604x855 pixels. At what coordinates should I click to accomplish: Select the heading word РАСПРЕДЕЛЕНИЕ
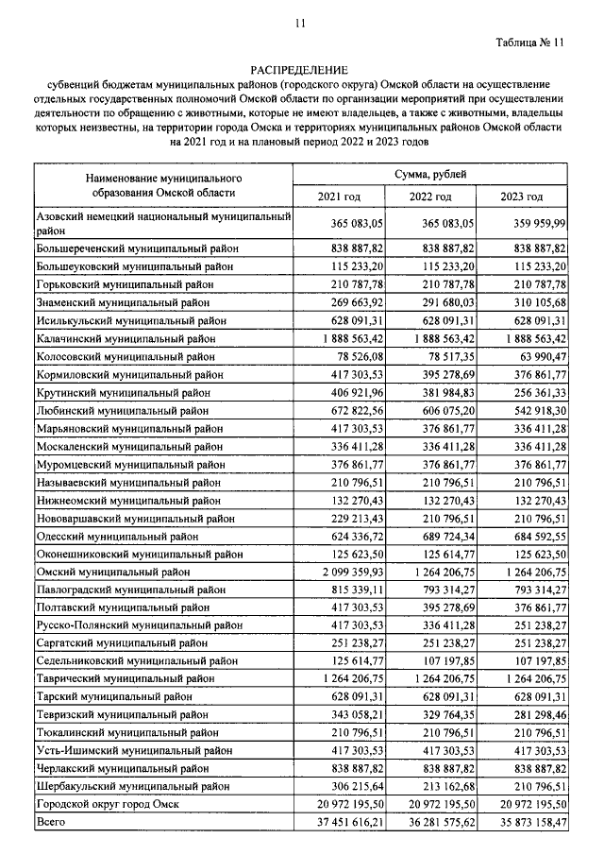click(x=299, y=70)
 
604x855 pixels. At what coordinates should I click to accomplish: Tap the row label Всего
click(x=48, y=822)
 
